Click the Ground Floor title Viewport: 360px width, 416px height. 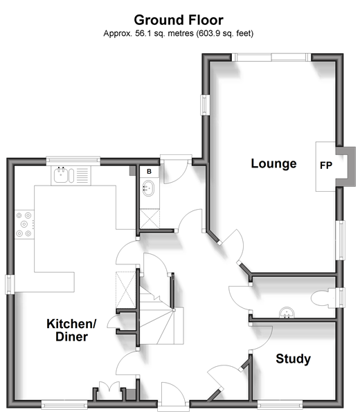click(179, 20)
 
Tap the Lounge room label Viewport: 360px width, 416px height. click(273, 163)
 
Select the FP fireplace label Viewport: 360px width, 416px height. click(326, 165)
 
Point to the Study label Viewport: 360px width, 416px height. click(293, 359)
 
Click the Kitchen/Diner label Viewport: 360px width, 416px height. click(71, 330)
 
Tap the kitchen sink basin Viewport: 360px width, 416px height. click(61, 175)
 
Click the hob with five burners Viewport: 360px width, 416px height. click(24, 224)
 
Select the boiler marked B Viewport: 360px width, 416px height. click(149, 172)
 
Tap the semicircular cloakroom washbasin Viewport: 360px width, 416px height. click(287, 313)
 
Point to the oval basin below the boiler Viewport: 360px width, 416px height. click(149, 188)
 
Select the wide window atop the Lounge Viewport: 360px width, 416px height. click(271, 57)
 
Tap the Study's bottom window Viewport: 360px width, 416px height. click(280, 405)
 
